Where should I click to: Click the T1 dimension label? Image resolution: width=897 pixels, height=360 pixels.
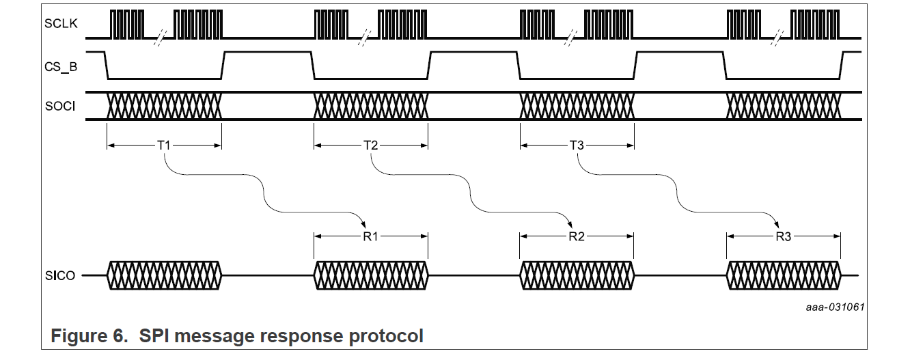(164, 145)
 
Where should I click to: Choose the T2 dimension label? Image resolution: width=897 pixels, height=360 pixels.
(370, 145)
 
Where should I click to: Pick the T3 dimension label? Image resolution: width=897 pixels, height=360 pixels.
(577, 145)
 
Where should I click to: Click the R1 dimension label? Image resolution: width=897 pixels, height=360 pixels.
(370, 237)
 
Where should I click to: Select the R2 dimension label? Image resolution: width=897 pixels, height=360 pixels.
(577, 237)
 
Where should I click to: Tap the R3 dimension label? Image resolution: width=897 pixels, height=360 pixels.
(784, 237)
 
